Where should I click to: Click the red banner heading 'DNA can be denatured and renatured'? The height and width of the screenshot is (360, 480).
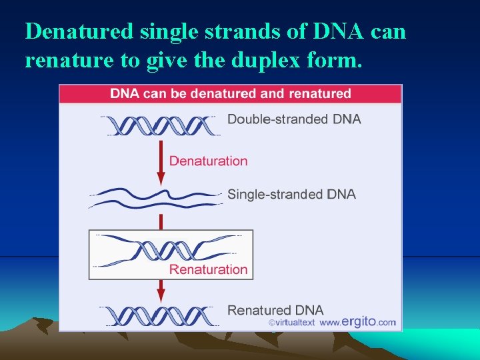point(230,93)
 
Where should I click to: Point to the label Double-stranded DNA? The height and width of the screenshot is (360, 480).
point(294,119)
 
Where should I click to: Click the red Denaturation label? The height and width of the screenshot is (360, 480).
point(208,161)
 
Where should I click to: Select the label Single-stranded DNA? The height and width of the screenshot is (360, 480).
point(291,194)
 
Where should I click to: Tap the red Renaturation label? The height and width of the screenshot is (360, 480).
point(208,269)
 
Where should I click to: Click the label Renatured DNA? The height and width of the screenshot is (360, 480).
point(275,310)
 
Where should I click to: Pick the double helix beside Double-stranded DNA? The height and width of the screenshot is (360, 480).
point(160,125)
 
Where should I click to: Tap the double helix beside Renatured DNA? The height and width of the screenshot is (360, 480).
point(160,315)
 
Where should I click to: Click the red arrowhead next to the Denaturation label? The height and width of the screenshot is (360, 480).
point(161,178)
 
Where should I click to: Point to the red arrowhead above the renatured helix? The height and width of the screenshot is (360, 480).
point(161,293)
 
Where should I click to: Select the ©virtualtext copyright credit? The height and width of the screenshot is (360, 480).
point(291,323)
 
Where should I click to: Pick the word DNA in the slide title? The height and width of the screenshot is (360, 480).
point(329,31)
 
